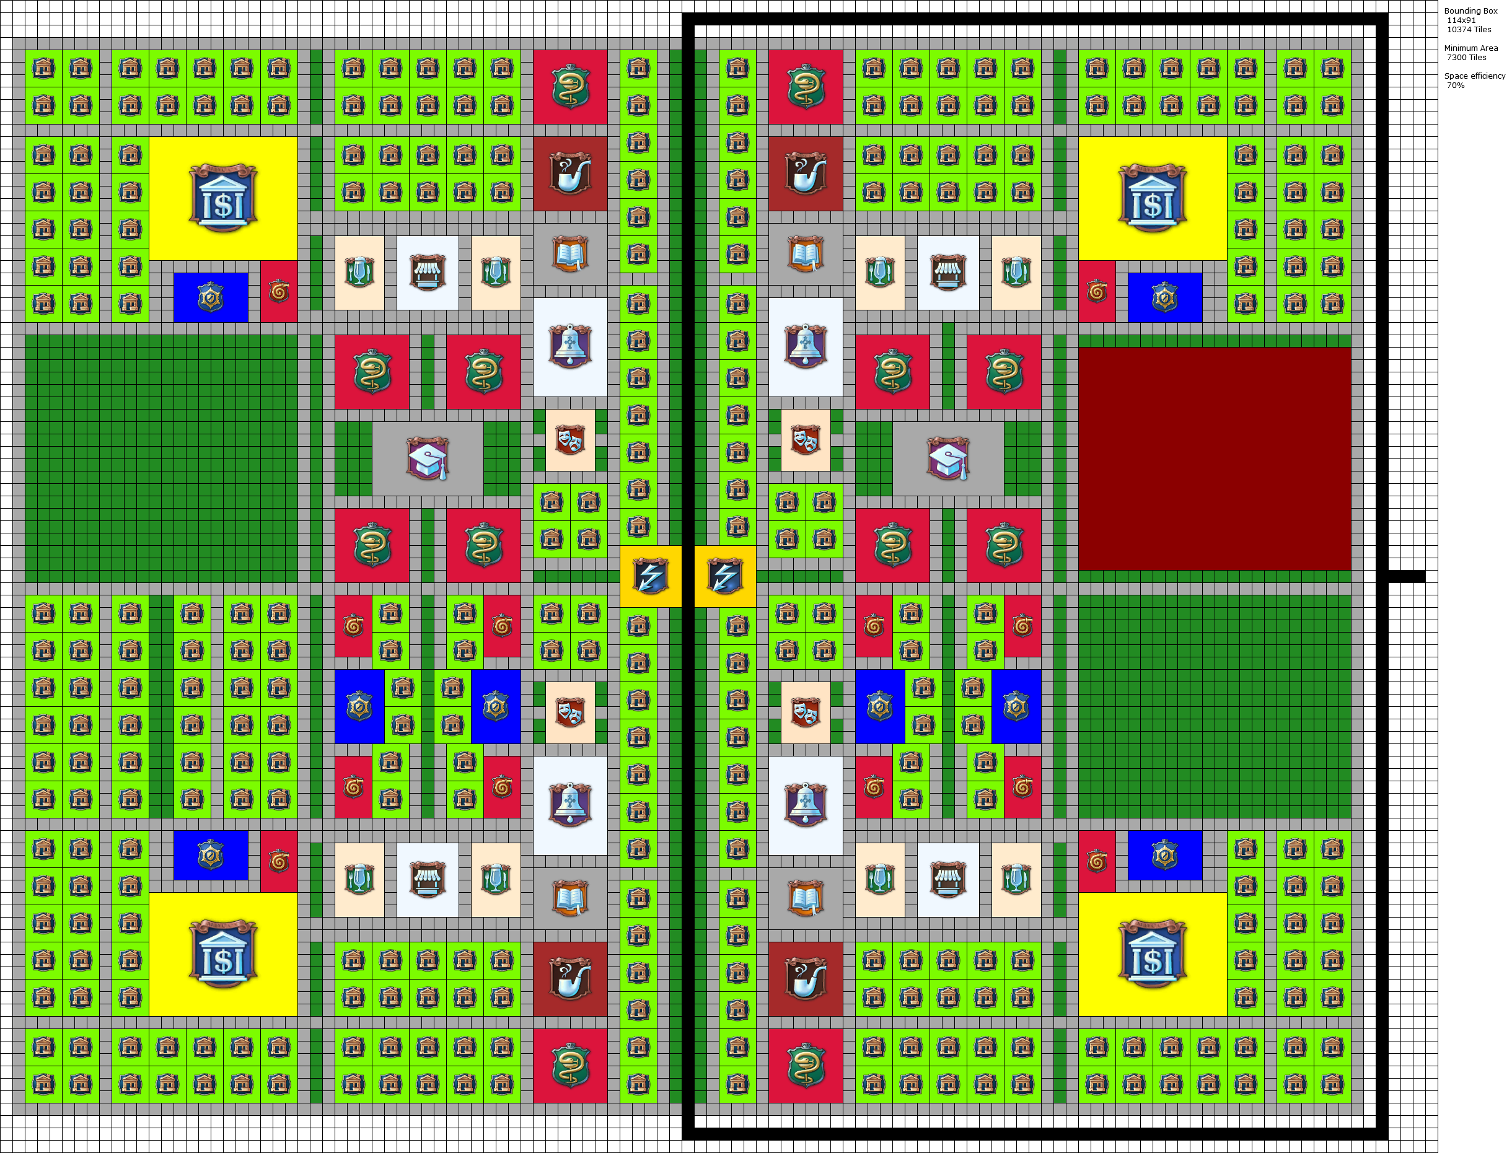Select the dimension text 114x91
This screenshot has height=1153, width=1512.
1461,20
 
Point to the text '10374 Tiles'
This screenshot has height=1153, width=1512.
1469,30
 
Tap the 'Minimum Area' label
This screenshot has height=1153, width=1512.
1471,48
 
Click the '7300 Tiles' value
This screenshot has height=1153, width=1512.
1467,58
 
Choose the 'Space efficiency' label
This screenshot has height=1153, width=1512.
1474,76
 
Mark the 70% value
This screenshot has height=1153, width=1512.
1456,85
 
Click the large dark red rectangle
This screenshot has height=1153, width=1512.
1214,458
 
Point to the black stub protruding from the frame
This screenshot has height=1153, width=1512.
1406,576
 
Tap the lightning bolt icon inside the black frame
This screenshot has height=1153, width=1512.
725,576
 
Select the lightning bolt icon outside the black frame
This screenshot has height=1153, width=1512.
651,576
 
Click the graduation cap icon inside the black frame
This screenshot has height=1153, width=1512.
948,458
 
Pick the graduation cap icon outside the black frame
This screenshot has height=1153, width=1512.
428,458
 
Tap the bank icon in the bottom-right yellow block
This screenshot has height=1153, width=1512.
1153,954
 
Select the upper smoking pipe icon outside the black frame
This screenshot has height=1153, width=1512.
570,173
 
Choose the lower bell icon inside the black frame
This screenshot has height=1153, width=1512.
806,805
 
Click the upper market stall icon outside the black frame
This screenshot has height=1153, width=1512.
428,273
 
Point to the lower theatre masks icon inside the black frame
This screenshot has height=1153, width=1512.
806,712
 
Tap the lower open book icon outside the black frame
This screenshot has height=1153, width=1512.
570,898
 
